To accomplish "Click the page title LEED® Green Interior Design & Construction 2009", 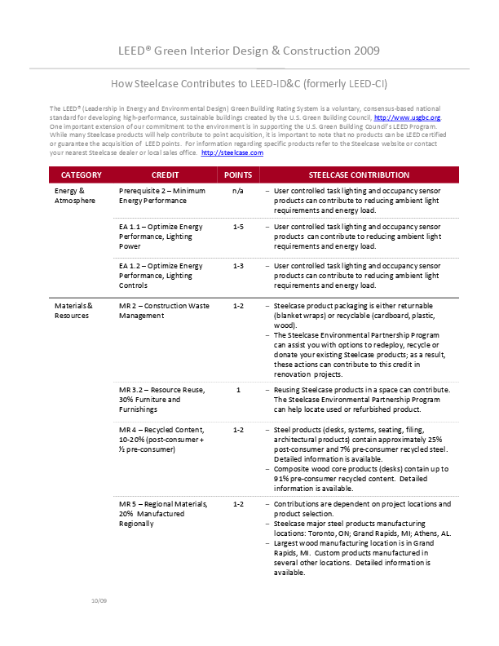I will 249,51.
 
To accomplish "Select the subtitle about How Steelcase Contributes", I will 249,83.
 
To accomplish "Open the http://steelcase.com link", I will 232,153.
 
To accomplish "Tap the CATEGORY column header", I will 82,175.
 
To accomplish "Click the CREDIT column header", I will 166,175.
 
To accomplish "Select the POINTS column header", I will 238,175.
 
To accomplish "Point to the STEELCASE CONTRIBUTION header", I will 359,175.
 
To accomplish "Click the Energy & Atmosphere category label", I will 75,195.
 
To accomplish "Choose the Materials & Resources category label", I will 73,311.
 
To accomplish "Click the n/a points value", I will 238,191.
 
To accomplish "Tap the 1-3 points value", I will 238,266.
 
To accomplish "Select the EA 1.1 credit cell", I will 161,236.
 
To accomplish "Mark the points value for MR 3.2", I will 238,390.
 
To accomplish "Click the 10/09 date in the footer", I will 99,601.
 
